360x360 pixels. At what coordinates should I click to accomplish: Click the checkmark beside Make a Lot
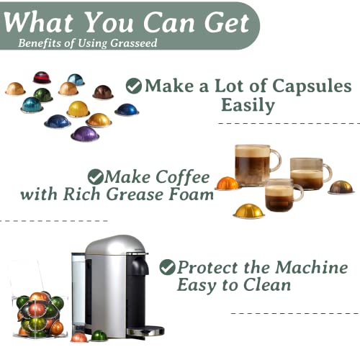pos(133,86)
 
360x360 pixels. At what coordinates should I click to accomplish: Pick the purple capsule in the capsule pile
pos(84,133)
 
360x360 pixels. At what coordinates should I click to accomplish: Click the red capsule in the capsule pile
pos(42,77)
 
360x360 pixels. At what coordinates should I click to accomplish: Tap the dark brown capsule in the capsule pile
pos(103,92)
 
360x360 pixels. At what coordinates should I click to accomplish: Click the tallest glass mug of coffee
pos(256,166)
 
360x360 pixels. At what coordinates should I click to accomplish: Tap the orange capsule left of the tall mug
pos(227,183)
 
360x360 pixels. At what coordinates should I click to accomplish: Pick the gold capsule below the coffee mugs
pos(248,210)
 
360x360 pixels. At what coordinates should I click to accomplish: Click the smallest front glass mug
pos(283,195)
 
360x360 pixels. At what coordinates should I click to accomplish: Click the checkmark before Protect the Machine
pos(167,267)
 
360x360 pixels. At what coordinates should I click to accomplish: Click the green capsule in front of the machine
pos(99,336)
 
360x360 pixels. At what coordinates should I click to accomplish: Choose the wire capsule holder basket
pos(40,310)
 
